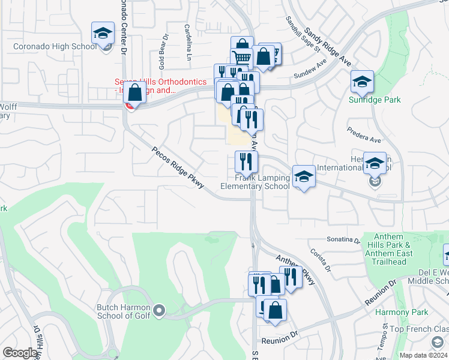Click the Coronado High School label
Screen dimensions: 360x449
point(54,46)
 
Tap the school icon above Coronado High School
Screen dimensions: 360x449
point(103,34)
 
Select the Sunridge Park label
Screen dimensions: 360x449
point(375,100)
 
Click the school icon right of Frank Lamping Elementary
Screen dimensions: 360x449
point(304,176)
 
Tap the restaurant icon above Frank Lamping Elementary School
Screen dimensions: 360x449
point(246,161)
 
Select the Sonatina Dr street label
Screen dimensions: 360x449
point(343,239)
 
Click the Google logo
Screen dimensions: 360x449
point(20,353)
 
